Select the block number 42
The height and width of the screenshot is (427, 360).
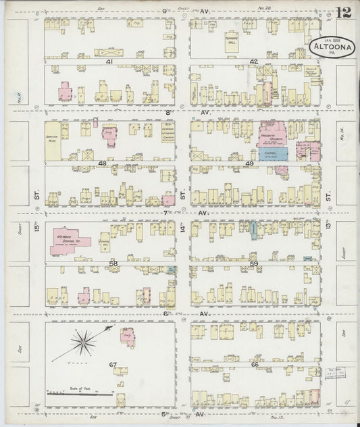coord(254,61)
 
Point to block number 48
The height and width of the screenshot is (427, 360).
coord(102,164)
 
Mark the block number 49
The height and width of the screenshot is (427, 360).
coord(249,164)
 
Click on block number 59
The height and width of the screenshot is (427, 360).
coord(254,263)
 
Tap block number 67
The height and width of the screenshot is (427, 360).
coord(113,365)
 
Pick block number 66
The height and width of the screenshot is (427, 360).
coord(255,365)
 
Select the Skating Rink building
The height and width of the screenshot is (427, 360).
coord(52,141)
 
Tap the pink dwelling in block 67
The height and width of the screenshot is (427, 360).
coord(128,336)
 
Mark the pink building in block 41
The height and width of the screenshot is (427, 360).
coord(65,92)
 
